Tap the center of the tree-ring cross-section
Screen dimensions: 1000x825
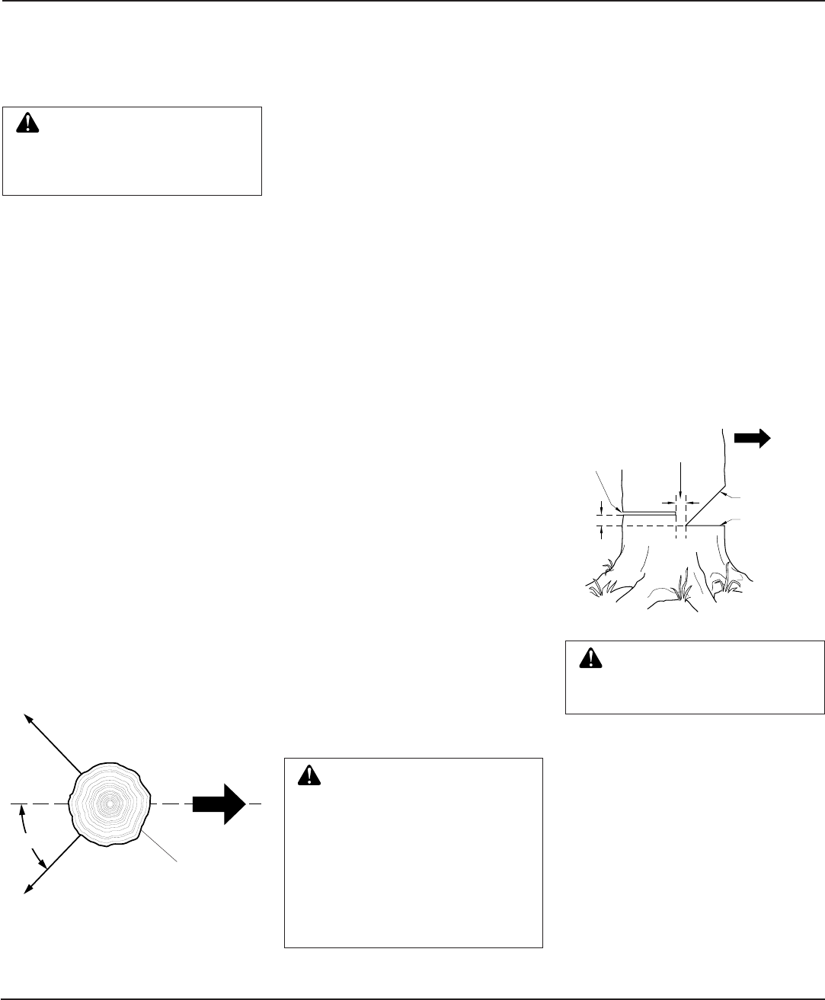pos(111,803)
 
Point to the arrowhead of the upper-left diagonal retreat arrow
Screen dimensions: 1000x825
pos(28,718)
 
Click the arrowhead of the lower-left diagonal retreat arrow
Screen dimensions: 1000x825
pos(28,888)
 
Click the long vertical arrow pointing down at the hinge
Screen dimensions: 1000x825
pos(680,480)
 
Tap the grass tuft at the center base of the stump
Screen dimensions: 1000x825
pos(680,586)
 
